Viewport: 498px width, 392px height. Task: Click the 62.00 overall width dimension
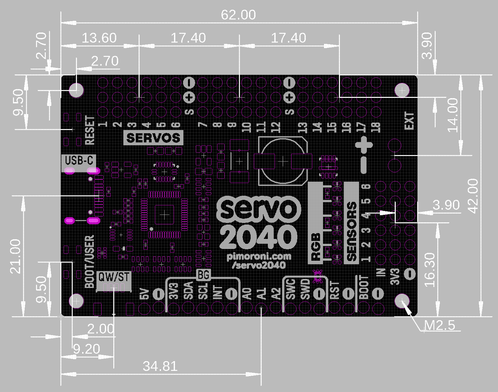click(x=238, y=15)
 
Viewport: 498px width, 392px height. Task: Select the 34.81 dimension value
click(x=160, y=366)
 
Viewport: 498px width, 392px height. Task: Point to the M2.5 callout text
click(x=440, y=325)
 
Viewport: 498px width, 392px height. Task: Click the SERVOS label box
click(x=153, y=138)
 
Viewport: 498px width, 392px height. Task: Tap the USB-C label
click(x=79, y=160)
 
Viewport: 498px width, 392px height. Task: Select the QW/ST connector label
click(x=114, y=277)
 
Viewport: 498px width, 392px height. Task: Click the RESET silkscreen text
click(x=90, y=130)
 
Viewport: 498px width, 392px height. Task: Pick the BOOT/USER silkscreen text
click(x=90, y=262)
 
